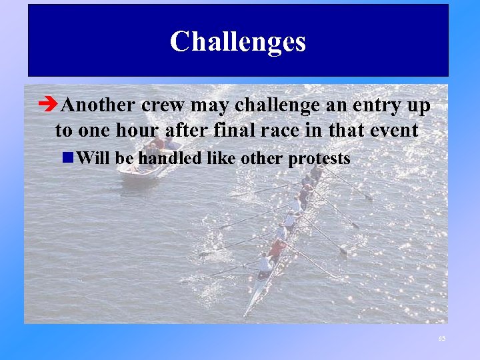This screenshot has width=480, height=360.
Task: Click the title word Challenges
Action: (238, 41)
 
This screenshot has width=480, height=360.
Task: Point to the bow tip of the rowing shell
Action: (245, 313)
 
